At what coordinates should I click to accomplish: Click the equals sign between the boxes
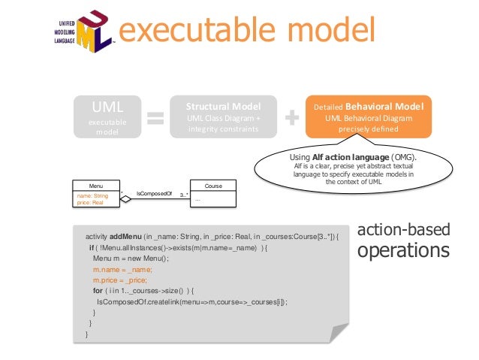point(155,118)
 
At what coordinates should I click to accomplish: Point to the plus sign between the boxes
point(291,118)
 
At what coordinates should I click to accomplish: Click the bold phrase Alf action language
point(348,157)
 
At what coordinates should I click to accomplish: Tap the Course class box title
point(213,185)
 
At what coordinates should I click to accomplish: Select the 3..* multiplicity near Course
point(183,194)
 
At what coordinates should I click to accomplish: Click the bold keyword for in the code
point(98,289)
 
